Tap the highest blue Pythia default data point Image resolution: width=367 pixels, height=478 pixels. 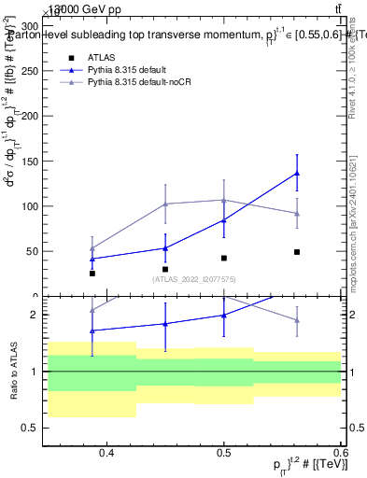pyautogui.click(x=296, y=173)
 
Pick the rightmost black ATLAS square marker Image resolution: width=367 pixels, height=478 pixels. pyautogui.click(x=296, y=252)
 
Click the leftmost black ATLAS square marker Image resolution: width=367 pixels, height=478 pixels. pyautogui.click(x=92, y=274)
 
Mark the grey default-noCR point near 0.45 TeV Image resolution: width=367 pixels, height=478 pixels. pyautogui.click(x=165, y=204)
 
